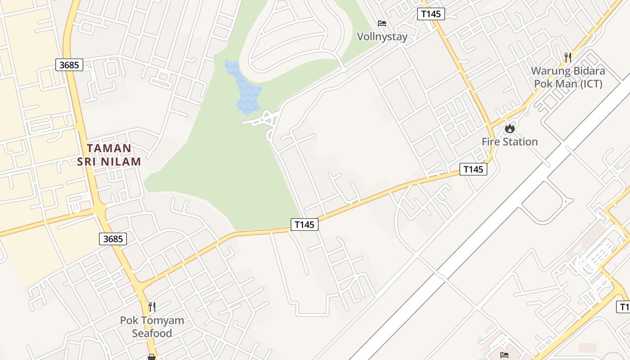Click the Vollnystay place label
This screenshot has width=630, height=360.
382,36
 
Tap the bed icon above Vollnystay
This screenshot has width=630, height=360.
382,23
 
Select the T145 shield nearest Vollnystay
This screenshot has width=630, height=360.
431,14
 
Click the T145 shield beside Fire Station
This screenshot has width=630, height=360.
473,169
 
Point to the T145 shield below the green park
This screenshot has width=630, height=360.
305,224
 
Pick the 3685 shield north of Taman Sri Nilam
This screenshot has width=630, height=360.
69,65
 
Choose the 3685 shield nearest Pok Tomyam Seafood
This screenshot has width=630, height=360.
113,239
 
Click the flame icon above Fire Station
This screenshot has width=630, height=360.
509,129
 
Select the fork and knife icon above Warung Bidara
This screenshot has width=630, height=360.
568,57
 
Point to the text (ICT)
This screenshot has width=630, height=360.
590,84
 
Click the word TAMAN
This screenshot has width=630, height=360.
109,148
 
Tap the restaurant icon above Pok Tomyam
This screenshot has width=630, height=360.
152,307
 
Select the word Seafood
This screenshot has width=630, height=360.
152,333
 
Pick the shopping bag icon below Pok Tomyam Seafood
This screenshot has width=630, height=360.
152,357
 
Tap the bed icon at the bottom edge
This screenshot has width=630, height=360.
504,355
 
